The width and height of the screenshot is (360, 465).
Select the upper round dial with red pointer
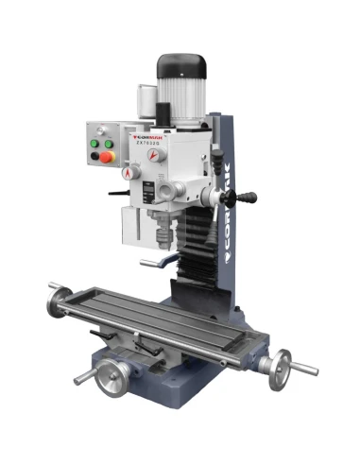137,171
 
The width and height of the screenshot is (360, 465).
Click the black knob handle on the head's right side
248,198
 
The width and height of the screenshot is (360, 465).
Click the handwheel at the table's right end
280,369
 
